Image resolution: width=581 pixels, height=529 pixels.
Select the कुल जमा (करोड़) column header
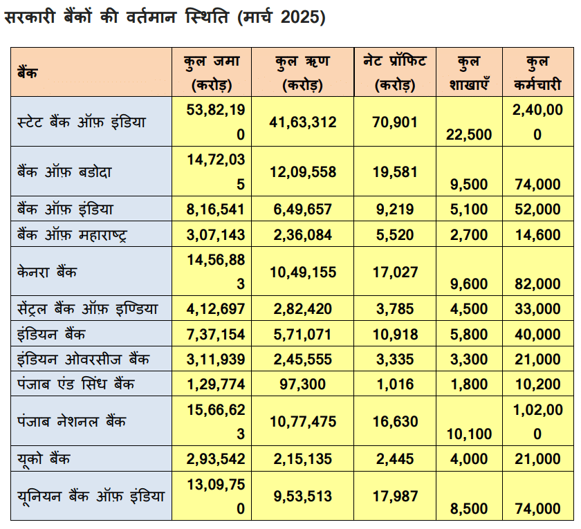(212, 73)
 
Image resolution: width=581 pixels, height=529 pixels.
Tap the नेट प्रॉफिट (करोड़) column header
(395, 73)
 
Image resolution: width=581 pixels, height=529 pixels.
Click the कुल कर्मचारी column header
(537, 73)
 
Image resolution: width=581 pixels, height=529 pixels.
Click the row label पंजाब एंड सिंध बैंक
(76, 383)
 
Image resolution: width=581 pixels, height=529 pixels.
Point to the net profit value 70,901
(395, 122)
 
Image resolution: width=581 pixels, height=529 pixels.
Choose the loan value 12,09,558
(303, 171)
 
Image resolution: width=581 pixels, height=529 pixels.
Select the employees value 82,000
(537, 284)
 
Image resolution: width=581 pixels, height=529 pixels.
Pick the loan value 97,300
(303, 384)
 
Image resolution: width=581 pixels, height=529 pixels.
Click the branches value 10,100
(470, 434)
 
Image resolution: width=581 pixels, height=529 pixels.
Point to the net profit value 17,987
(395, 496)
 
